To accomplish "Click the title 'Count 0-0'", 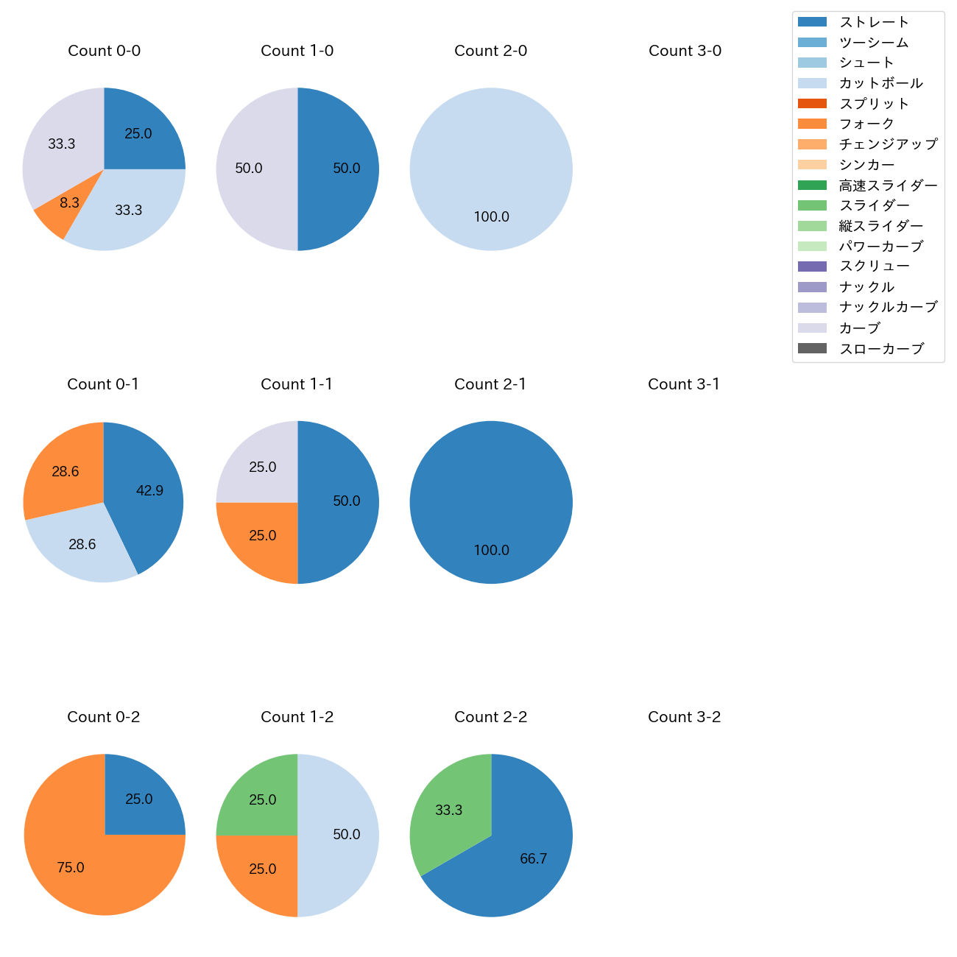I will pyautogui.click(x=104, y=51).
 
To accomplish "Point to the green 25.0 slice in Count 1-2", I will pyautogui.click(x=261, y=800).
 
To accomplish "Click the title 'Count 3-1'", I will pyautogui.click(x=684, y=384).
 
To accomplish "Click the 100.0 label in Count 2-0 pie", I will pyautogui.click(x=491, y=217).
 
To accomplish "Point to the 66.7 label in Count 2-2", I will pyautogui.click(x=533, y=859).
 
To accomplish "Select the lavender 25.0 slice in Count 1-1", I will pyautogui.click(x=261, y=467).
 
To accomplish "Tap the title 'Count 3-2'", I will pyautogui.click(x=684, y=717).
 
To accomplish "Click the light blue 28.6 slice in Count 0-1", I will pyautogui.click(x=82, y=545).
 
